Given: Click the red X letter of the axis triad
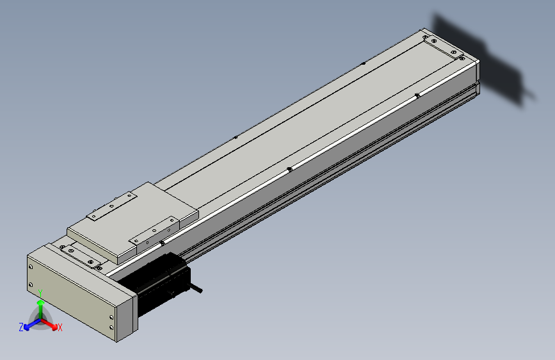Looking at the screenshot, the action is coord(60,327).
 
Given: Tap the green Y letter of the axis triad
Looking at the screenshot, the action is coord(40,293).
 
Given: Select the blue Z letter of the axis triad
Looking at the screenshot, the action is coord(21,327).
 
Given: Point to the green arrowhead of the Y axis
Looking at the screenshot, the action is coord(41,303).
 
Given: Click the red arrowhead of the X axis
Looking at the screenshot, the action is coord(54,327).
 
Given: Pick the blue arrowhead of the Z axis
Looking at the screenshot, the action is coord(26,327).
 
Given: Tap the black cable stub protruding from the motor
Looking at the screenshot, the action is coord(196,287).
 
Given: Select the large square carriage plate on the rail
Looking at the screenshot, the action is coord(133,222).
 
